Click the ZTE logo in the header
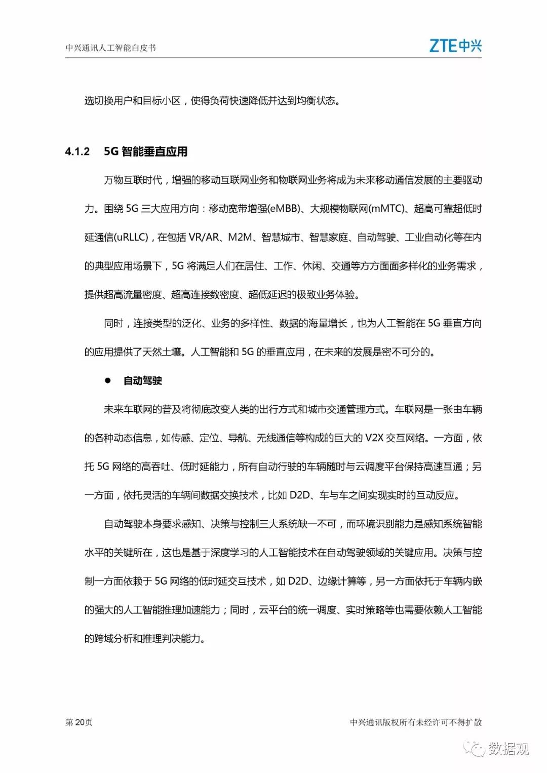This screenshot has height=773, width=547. click(455, 46)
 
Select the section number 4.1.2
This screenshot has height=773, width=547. click(77, 151)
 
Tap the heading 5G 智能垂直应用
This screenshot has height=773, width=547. click(145, 151)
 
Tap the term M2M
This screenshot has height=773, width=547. click(240, 237)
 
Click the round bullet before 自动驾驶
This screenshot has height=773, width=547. click(107, 380)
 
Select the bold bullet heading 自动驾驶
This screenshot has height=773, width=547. click(142, 380)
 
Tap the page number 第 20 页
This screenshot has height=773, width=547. click(79, 722)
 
